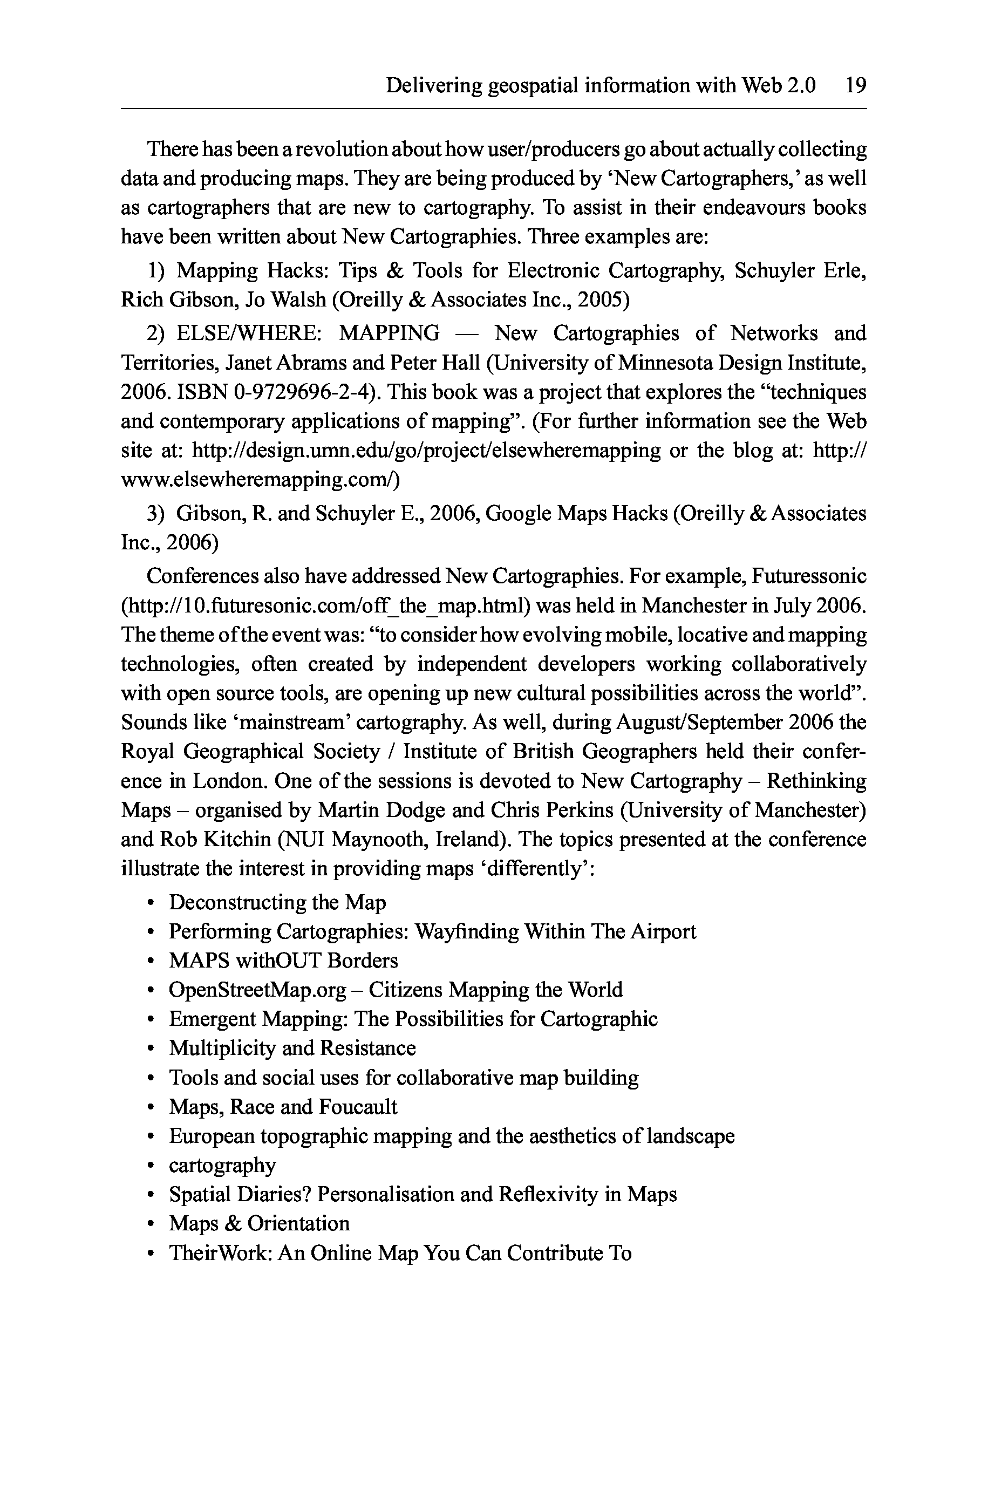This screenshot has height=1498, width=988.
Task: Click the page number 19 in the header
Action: point(855,85)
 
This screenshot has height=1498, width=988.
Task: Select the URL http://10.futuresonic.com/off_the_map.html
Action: point(324,606)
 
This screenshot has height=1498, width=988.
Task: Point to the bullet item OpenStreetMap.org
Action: point(257,990)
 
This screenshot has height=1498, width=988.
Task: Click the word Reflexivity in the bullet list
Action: point(548,1195)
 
